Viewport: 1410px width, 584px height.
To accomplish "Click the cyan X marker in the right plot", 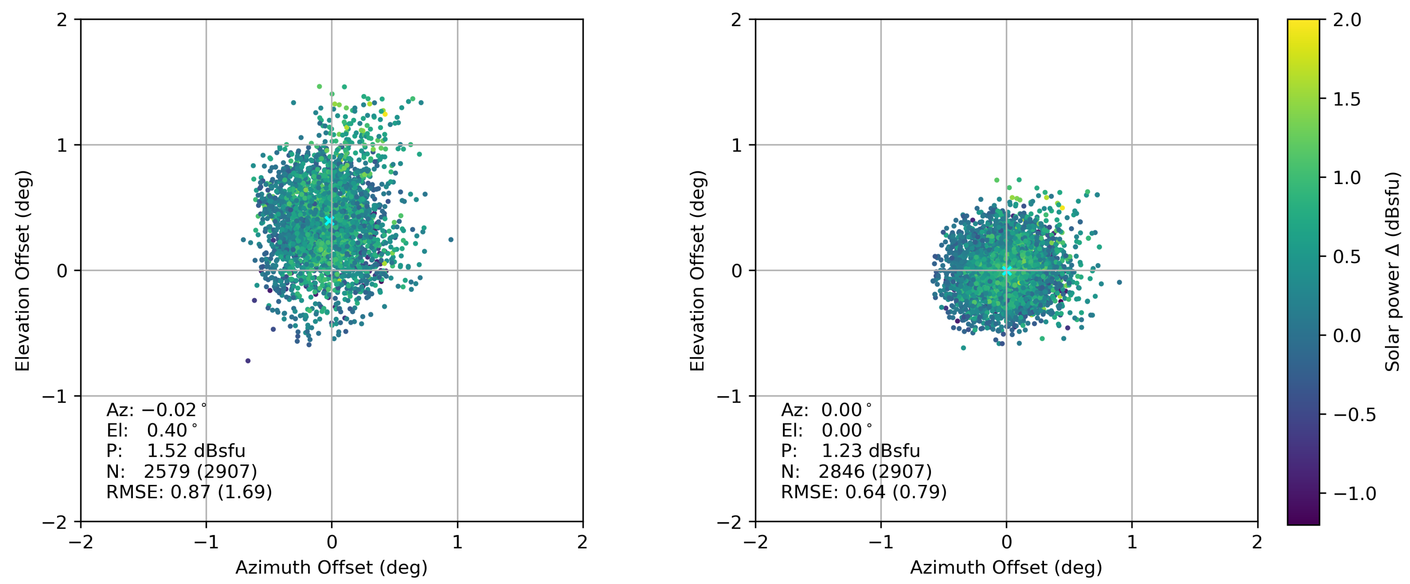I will tap(1007, 271).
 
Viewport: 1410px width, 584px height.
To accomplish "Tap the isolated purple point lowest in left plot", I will tap(248, 360).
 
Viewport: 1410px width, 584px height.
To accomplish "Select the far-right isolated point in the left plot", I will tap(451, 239).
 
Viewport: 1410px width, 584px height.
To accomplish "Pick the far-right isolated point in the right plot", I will tap(1119, 282).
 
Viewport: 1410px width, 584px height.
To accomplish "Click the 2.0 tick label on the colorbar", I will tap(1347, 20).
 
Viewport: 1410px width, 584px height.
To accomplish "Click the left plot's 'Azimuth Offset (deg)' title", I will tap(331, 568).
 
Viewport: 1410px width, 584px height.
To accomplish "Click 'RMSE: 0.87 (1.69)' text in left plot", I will tap(189, 492).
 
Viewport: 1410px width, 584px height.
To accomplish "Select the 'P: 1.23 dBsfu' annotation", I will tap(850, 451).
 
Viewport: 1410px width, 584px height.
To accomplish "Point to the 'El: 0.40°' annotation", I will tap(152, 430).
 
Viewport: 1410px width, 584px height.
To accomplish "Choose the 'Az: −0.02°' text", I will tap(156, 410).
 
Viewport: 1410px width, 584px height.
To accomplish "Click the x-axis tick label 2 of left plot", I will tap(582, 542).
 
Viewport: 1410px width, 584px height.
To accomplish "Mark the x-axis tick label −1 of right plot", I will tap(881, 542).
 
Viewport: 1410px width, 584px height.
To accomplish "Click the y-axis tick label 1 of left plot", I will tap(61, 145).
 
